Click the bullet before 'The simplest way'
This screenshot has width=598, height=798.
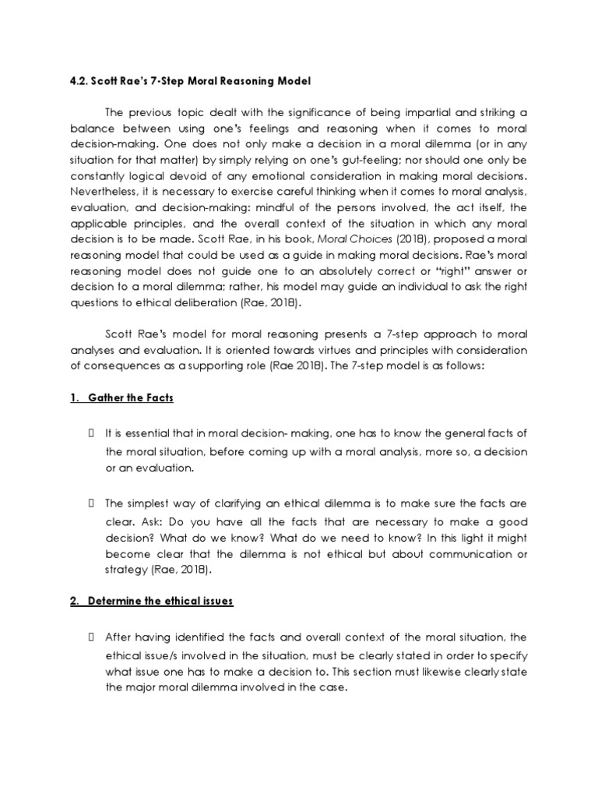pos(93,504)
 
